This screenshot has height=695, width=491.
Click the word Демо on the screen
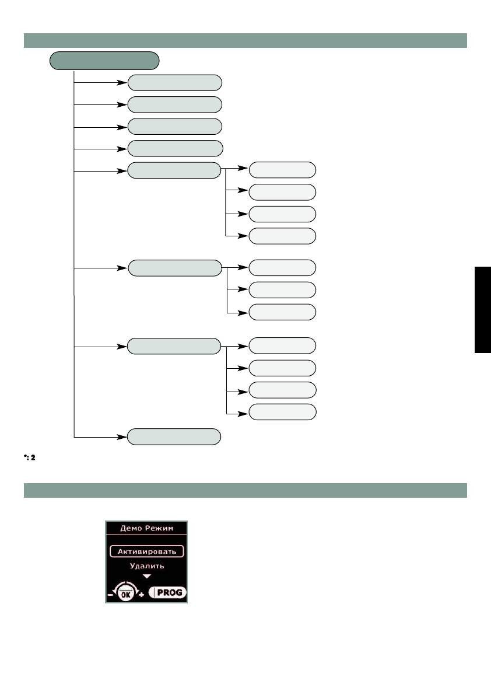click(131, 528)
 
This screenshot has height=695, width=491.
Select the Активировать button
click(146, 551)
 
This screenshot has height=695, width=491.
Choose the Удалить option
click(146, 565)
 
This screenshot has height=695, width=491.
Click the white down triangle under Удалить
click(146, 576)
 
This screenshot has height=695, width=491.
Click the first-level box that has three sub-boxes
click(174, 268)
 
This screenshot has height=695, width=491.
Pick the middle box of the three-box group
click(282, 289)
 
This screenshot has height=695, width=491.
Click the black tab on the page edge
click(482, 309)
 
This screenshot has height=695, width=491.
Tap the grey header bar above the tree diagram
click(245, 40)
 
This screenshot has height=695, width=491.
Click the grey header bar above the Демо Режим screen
click(245, 490)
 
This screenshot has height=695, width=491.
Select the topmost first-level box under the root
click(174, 82)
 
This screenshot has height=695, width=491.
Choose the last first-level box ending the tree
click(174, 436)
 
